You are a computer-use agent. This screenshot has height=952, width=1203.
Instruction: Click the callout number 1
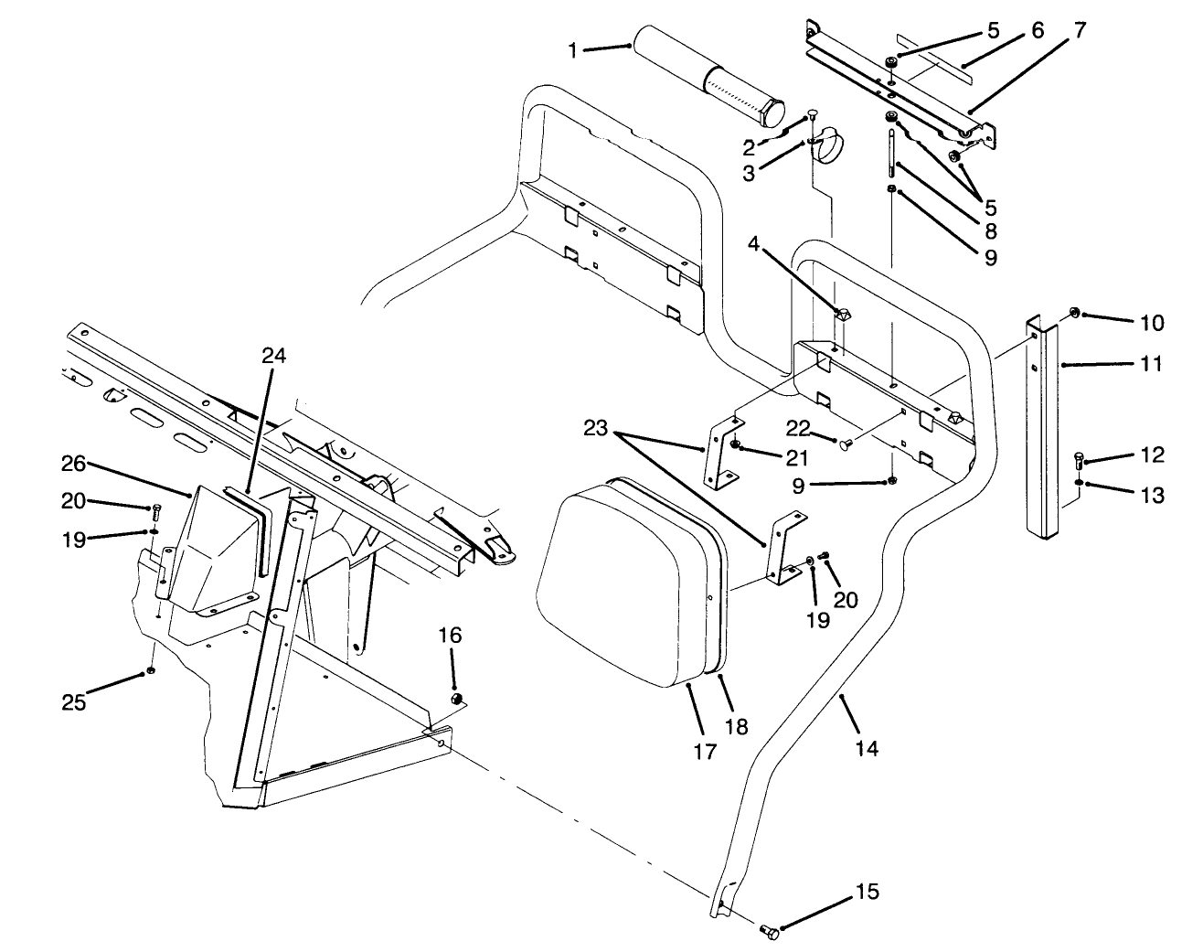pyautogui.click(x=573, y=50)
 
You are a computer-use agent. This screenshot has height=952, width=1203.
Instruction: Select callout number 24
pyautogui.click(x=273, y=356)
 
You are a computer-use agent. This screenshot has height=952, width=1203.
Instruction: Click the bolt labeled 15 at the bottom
pyautogui.click(x=768, y=931)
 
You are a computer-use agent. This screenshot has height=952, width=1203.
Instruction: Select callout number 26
pyautogui.click(x=74, y=464)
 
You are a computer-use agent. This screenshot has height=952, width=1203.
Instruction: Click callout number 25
pyautogui.click(x=73, y=702)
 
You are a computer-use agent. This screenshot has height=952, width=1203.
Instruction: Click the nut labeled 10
pyautogui.click(x=1076, y=314)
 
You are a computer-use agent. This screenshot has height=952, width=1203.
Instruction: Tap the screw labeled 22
pyautogui.click(x=846, y=444)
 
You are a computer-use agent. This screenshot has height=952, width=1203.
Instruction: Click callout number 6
pyautogui.click(x=1036, y=30)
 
